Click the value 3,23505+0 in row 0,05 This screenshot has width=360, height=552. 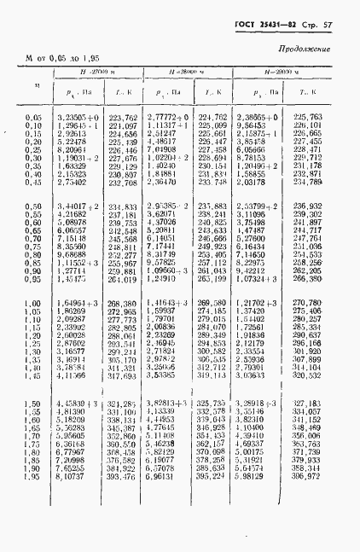pos(78,116)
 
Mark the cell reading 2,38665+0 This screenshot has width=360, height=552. pos(258,116)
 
